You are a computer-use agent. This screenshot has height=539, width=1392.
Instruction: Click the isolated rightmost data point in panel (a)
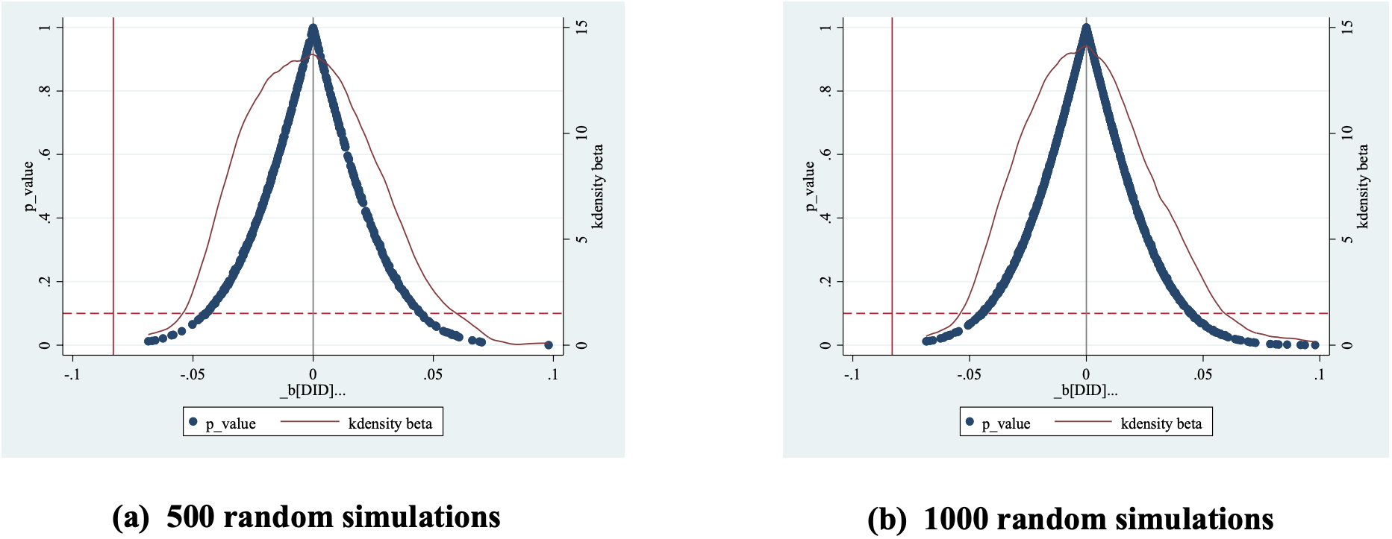pyautogui.click(x=549, y=344)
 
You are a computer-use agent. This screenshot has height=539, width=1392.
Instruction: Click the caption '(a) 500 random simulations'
pyautogui.click(x=307, y=517)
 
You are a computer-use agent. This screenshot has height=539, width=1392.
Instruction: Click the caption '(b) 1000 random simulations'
pyautogui.click(x=1070, y=519)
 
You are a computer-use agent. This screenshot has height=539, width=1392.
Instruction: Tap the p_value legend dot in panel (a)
pyautogui.click(x=193, y=422)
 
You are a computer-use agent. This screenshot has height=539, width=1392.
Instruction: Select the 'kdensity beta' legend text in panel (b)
pyautogui.click(x=1161, y=423)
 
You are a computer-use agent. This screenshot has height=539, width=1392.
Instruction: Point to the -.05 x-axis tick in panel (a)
pyautogui.click(x=192, y=374)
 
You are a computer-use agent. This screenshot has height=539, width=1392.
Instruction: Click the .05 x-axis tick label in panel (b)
pyautogui.click(x=1202, y=374)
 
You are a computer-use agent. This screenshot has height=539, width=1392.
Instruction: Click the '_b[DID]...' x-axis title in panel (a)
pyautogui.click(x=313, y=390)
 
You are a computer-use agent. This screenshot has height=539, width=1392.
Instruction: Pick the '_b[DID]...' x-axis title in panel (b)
pyautogui.click(x=1085, y=390)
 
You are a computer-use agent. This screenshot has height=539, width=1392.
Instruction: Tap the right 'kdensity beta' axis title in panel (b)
pyautogui.click(x=1363, y=186)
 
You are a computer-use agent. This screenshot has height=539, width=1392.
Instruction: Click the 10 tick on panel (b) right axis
pyautogui.click(x=1347, y=133)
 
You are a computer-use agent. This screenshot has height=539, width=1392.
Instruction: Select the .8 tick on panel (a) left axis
pyautogui.click(x=46, y=91)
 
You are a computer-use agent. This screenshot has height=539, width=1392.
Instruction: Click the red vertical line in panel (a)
pyautogui.click(x=113, y=186)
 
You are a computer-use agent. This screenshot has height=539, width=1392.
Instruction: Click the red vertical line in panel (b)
pyautogui.click(x=892, y=186)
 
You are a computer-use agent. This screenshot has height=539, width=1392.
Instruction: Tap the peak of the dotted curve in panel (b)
pyautogui.click(x=1086, y=30)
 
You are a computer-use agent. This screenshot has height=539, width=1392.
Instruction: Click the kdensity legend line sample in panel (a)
pyautogui.click(x=310, y=422)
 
